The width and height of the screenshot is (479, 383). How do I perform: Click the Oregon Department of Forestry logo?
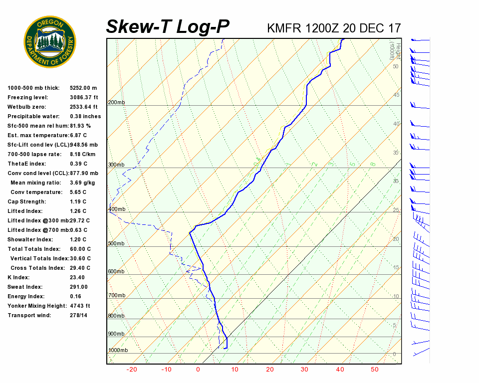50,42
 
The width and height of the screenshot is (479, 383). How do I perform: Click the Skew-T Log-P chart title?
168,27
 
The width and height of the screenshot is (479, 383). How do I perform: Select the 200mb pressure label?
116,103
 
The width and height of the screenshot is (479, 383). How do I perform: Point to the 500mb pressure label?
116,244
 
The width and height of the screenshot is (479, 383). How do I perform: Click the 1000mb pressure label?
118,351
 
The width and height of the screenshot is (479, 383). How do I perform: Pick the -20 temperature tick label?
132,370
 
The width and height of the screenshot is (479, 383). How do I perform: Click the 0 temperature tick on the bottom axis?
198,370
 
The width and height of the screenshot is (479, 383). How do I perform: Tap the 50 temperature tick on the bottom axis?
375,370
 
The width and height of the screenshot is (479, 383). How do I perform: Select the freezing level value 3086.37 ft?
84,98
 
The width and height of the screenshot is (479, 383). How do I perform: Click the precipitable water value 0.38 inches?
85,117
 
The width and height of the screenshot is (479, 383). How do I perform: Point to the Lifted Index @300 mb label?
38,220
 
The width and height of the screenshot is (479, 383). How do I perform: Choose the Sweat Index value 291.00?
79,287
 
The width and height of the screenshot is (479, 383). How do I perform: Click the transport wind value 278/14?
79,316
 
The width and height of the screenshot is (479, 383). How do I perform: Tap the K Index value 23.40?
77,278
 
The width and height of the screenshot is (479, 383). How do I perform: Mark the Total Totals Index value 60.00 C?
80,249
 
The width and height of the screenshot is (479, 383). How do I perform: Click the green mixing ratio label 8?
373,164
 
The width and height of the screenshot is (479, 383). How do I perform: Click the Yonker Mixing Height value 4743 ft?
80,306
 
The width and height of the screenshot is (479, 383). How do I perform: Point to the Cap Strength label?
26,202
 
